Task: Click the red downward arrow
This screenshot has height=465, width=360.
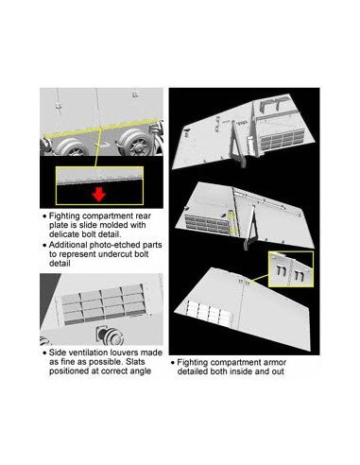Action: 99,195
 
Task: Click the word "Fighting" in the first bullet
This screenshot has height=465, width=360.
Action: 64,216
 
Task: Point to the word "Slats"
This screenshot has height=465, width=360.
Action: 134,362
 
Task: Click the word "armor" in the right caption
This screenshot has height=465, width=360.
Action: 272,363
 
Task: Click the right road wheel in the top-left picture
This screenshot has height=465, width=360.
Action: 135,144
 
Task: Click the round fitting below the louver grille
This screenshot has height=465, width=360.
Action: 111,336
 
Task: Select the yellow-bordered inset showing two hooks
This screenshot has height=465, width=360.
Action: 291,269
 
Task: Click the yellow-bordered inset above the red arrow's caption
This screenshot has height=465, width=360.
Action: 99,185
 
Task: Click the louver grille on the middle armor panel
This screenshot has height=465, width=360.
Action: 207,224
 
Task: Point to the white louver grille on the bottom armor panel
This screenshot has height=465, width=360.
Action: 209,313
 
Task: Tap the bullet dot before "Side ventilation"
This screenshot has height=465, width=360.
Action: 44,353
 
